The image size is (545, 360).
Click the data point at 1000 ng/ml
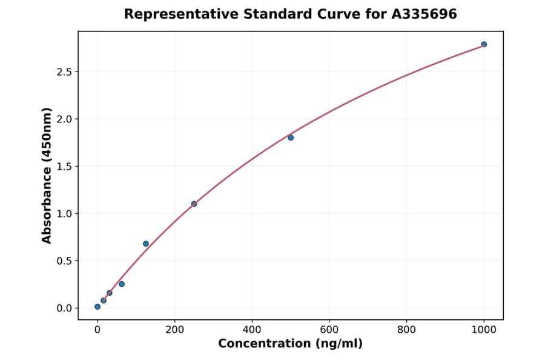tap(484, 44)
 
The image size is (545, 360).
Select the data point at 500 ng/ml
tap(291, 138)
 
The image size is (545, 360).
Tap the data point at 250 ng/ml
tap(194, 204)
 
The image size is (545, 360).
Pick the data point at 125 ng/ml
tap(146, 244)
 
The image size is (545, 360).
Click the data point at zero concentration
tap(97, 307)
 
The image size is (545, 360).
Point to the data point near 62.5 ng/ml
tap(122, 284)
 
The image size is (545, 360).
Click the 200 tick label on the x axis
tap(174, 330)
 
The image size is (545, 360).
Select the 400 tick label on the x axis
tap(252, 330)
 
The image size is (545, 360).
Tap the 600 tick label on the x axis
tap(329, 330)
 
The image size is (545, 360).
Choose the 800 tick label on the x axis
tap(406, 330)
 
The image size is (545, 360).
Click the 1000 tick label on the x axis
tap(484, 330)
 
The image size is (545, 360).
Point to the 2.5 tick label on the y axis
tap(64, 72)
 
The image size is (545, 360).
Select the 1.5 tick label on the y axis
tap(64, 167)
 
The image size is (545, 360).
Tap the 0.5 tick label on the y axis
tap(64, 261)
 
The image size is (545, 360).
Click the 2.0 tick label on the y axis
tap(64, 119)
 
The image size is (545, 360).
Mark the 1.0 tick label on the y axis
tap(64, 214)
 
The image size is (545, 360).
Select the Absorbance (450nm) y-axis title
tap(47, 176)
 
